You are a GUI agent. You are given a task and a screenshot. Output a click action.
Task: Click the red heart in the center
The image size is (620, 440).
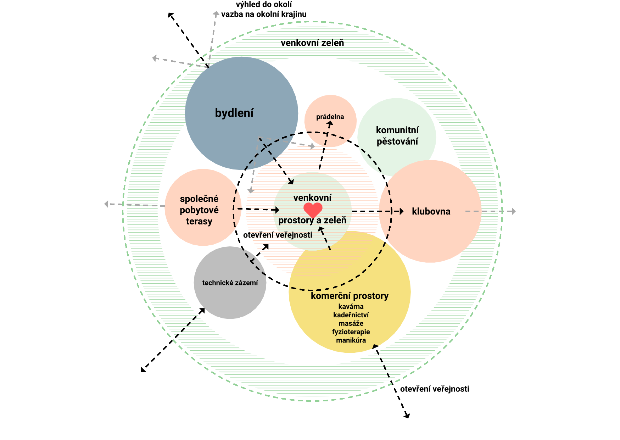[x=313, y=210]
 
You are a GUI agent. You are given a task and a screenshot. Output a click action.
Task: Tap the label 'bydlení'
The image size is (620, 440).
[x=234, y=113]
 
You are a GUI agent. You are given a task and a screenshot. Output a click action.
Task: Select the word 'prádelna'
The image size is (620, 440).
[x=330, y=117]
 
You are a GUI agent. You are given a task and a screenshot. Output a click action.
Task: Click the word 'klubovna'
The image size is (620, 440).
[x=431, y=211]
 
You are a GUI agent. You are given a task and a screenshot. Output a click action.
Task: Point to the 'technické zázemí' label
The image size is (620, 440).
[x=230, y=283]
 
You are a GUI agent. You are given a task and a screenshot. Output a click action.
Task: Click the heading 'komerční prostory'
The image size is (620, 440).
[x=350, y=296]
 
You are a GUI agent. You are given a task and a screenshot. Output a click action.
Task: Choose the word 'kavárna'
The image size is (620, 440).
[x=351, y=306]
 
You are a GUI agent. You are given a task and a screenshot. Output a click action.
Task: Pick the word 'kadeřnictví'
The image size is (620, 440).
[x=351, y=315]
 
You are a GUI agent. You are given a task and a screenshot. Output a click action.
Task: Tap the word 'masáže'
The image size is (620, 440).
[x=351, y=323]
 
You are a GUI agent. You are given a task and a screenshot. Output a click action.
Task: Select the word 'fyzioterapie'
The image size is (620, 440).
[x=351, y=332]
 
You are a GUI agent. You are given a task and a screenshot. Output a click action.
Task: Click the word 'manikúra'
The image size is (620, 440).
[x=351, y=340]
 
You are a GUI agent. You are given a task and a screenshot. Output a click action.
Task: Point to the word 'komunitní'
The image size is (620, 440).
[x=397, y=130]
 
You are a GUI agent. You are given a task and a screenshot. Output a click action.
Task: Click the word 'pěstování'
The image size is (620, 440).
[x=397, y=141]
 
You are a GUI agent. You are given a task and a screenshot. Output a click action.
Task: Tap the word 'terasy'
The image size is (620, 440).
[x=199, y=222]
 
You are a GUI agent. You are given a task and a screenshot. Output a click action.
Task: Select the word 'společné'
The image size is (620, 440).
[x=199, y=199]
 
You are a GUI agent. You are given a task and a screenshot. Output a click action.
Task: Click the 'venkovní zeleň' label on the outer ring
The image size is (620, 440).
[x=312, y=43]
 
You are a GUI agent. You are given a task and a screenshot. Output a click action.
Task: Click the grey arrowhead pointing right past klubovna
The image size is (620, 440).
[x=513, y=211]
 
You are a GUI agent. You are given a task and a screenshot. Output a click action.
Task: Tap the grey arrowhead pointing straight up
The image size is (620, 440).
[x=216, y=14]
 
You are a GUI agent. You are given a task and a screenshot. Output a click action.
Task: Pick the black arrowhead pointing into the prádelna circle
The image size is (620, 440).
[x=330, y=124]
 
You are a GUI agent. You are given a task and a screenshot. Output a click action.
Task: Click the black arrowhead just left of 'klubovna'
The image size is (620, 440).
[x=402, y=211]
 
